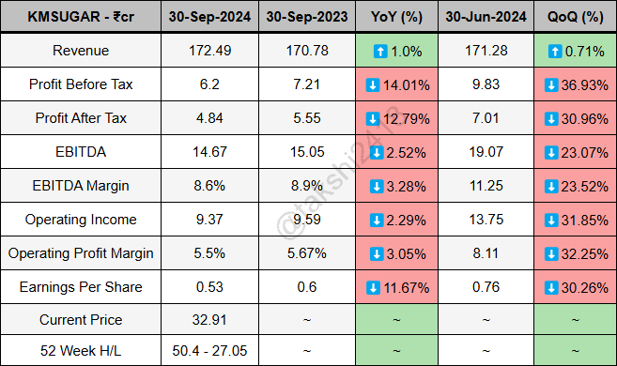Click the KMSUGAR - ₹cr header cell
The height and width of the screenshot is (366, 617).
point(80,17)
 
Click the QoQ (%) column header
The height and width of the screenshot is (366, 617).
point(576,17)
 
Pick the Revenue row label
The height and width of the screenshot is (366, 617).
point(80,51)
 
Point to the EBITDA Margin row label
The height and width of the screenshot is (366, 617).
point(80,186)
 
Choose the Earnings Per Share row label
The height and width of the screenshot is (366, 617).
point(80,286)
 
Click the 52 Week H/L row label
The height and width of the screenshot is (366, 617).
point(80,350)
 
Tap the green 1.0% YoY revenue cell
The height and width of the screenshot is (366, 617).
point(397,51)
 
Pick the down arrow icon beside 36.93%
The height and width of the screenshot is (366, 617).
point(547,84)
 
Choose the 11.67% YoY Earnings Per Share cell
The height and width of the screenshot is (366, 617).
point(397,286)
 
